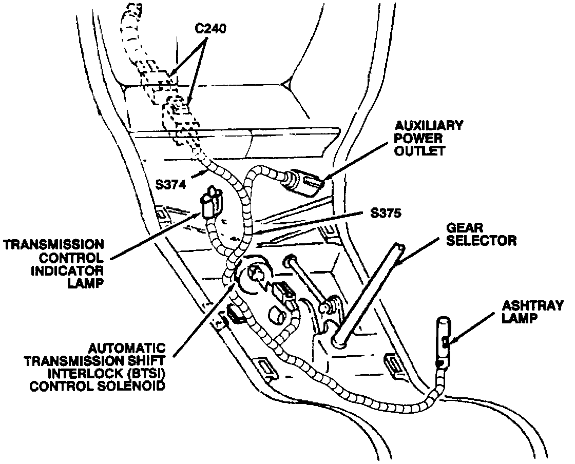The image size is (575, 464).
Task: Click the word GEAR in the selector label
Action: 461,226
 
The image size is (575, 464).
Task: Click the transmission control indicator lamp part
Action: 210,203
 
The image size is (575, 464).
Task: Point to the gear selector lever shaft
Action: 370,293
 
